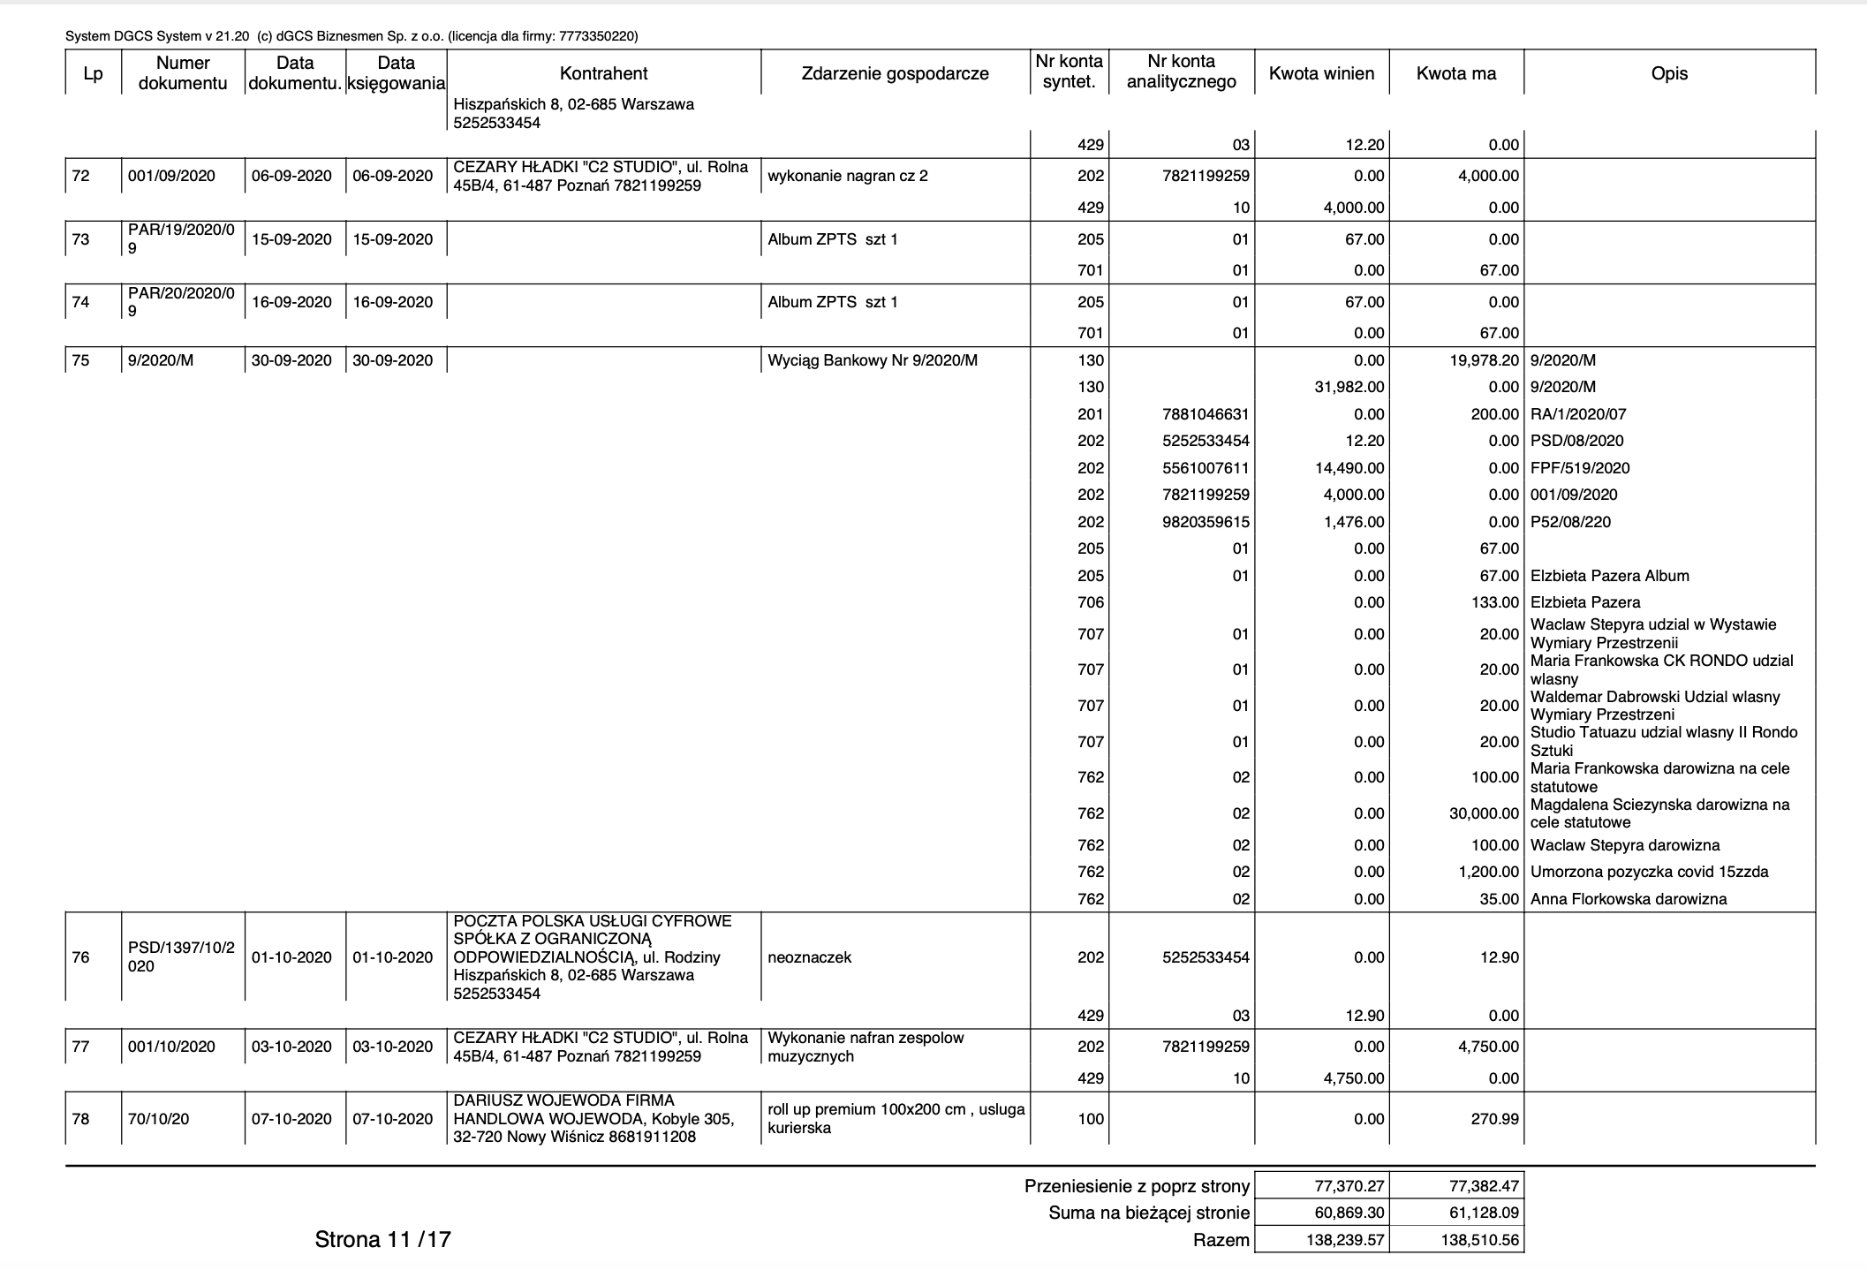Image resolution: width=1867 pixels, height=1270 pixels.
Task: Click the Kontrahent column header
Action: point(603,73)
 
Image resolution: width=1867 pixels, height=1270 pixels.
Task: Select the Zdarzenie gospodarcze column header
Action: point(895,73)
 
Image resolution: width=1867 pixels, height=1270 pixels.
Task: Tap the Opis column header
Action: point(1668,73)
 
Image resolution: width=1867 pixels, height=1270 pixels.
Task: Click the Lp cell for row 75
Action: point(80,360)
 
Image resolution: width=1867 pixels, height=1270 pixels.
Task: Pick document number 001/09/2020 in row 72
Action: point(171,176)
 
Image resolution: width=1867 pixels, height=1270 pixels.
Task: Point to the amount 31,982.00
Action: point(1349,387)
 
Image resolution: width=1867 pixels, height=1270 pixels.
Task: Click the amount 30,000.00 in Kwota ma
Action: point(1484,813)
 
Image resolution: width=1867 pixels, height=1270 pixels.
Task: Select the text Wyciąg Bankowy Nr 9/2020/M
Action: point(873,360)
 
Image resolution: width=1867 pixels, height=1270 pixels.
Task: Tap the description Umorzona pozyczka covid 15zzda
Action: point(1649,872)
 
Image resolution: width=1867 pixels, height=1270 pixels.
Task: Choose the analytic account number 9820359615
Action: point(1206,522)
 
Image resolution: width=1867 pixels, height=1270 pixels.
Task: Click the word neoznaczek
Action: point(809,957)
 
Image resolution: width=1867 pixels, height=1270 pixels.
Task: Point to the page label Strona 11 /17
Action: point(382,1240)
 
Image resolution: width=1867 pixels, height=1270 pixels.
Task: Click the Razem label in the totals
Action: point(1221,1240)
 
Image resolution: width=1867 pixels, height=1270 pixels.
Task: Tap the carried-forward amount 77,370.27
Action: point(1343,1186)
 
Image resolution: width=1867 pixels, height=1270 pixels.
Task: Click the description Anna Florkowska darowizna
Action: point(1628,899)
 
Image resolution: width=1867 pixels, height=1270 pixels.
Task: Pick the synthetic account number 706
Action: point(1091,602)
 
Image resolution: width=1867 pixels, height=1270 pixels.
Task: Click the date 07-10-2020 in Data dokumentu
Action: point(291,1119)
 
